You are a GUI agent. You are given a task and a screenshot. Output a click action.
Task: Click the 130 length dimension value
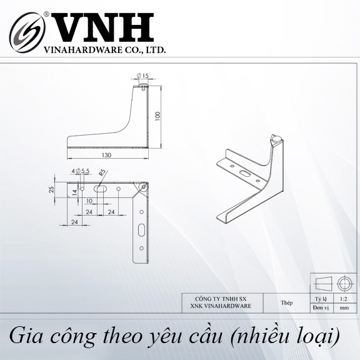coord(106,155)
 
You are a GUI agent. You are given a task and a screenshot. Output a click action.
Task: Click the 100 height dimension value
coord(157,116)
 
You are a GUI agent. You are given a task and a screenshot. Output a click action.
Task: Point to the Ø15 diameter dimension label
coord(142,75)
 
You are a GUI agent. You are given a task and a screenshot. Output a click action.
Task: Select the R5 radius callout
coord(102,172)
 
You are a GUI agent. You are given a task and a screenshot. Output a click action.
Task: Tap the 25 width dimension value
coord(52,189)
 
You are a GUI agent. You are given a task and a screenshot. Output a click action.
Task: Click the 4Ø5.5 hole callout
coord(81,171)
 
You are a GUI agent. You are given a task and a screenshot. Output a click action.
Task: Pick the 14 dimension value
coord(75,192)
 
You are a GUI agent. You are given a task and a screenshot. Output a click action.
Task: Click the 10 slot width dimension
coord(89,201)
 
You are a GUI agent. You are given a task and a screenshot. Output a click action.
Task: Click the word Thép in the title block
coord(286,303)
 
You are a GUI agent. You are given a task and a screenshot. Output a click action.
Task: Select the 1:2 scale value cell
coord(344,299)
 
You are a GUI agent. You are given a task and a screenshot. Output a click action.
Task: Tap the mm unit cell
coord(344,308)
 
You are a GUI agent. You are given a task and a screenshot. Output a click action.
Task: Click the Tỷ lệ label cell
coord(321,299)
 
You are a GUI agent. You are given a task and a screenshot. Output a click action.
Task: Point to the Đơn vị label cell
coord(321,308)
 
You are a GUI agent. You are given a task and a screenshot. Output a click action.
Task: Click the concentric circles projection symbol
coord(344,284)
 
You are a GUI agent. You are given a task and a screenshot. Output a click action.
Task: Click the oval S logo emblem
coord(27,32)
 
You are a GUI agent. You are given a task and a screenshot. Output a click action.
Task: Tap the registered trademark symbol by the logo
coord(46,14)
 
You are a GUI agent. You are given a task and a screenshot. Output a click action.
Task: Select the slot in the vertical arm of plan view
coord(141,230)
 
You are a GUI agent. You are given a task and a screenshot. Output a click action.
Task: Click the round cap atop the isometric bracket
coord(277,139)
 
